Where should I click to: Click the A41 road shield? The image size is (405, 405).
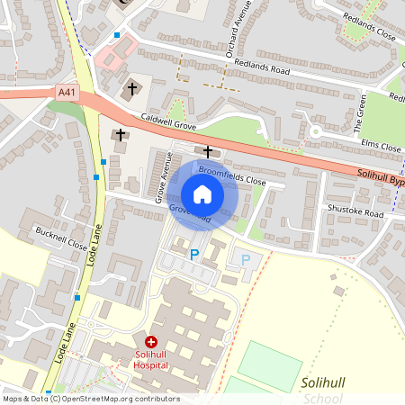pos(67,91)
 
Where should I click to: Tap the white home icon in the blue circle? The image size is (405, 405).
pos(202,194)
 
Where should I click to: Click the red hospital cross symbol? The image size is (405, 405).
pos(151,342)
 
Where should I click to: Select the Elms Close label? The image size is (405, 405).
pos(379,145)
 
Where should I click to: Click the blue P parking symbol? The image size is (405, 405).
pos(193,255)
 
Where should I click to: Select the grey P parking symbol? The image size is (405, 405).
pos(246,259)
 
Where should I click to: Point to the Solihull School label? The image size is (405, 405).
pos(325,391)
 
